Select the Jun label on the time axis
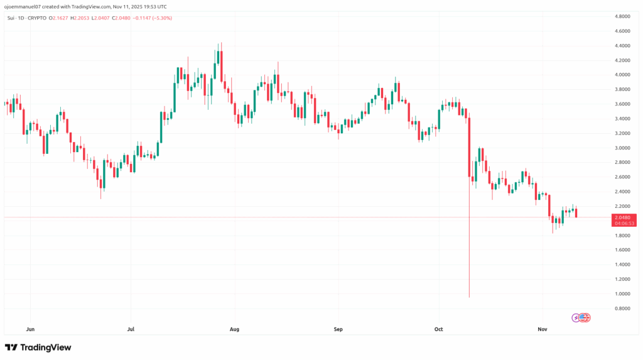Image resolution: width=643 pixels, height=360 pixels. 30,329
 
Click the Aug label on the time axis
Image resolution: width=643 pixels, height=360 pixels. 235,329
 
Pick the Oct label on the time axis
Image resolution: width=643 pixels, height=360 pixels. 438,329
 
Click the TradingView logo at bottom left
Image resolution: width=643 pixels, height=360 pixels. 38,347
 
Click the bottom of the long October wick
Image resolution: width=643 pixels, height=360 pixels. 470,297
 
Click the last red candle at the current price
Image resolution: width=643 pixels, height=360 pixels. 576,213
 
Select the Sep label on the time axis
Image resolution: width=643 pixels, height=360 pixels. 338,329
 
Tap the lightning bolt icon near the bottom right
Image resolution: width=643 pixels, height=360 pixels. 576,317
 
